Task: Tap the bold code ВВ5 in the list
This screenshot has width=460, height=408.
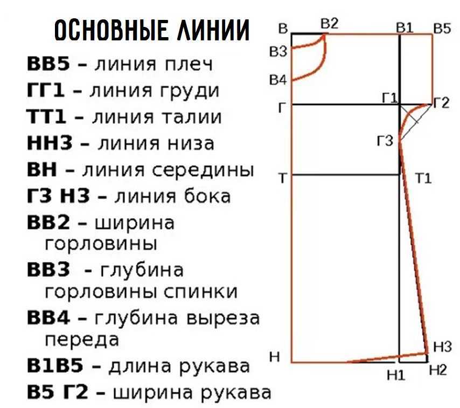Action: pyautogui.click(x=48, y=64)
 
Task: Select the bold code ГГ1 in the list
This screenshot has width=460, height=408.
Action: pyautogui.click(x=46, y=90)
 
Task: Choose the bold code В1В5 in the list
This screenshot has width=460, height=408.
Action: pyautogui.click(x=55, y=367)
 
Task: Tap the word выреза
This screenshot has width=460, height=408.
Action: pyautogui.click(x=222, y=318)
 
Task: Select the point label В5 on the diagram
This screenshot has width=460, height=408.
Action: pyautogui.click(x=442, y=28)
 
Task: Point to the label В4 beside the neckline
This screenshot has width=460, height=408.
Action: pyautogui.click(x=278, y=80)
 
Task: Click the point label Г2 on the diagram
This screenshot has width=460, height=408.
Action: pyautogui.click(x=440, y=103)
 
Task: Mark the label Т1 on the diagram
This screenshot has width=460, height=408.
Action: pyautogui.click(x=424, y=178)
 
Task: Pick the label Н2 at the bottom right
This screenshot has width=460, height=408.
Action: pyautogui.click(x=438, y=370)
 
